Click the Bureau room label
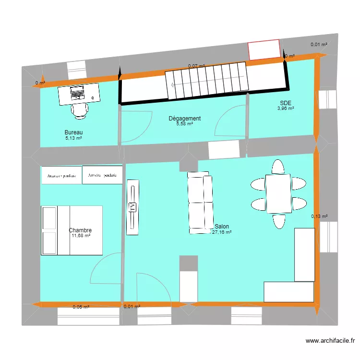pyautogui.click(x=74, y=132)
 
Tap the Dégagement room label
pyautogui.click(x=184, y=118)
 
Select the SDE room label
pyautogui.click(x=286, y=103)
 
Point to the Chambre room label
pyautogui.click(x=80, y=230)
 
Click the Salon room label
pyautogui.click(x=222, y=226)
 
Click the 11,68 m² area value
pyautogui.click(x=80, y=236)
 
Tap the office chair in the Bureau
pyautogui.click(x=80, y=110)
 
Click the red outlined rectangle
pyautogui.click(x=264, y=50)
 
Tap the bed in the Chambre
pyautogui.click(x=72, y=230)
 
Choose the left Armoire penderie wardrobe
pyautogui.click(x=61, y=176)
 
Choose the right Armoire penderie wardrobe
pyautogui.click(x=102, y=175)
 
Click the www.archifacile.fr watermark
pyautogui.click(x=330, y=341)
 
